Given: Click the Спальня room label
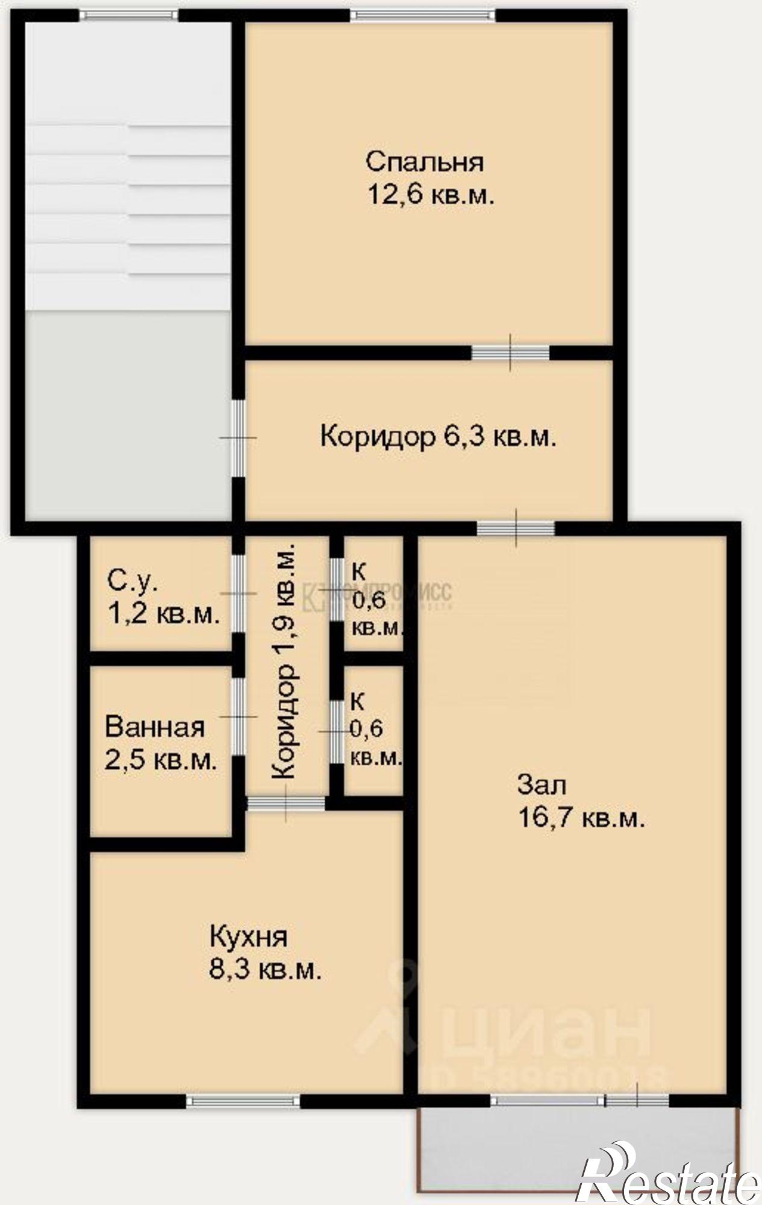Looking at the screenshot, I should point(425,162).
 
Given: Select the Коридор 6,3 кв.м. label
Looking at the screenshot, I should point(437,436).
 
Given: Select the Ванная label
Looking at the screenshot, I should point(155,727).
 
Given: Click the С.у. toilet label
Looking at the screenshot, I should point(133,581).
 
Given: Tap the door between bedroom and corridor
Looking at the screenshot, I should point(510,352).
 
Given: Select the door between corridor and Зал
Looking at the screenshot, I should point(516,528).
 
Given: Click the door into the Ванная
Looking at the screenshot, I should point(239,716).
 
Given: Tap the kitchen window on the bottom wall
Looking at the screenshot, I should point(243,1101).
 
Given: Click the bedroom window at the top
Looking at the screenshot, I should point(423,15).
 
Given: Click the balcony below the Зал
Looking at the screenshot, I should point(577,1148).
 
